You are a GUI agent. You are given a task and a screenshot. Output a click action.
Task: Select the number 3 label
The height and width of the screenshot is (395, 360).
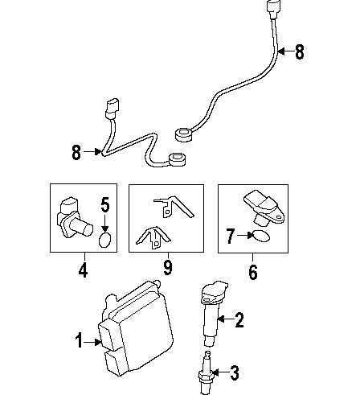pos(235,372)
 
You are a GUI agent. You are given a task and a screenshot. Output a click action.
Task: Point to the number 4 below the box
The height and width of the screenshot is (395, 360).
pos(83,271)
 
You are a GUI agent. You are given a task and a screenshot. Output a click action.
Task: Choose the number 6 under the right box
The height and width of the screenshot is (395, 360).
pos(252,271)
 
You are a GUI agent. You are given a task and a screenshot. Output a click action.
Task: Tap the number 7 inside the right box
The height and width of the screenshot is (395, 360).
pos(231,236)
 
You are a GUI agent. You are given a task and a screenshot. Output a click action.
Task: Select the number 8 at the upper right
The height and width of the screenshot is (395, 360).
pos(300,52)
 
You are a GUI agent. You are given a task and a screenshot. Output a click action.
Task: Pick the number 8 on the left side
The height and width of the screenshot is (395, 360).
pos(76,151)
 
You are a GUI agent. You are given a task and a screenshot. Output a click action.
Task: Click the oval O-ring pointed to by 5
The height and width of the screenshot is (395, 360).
pos(104,239)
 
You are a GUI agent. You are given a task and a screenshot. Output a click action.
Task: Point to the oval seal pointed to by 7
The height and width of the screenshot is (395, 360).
pos(260,237)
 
